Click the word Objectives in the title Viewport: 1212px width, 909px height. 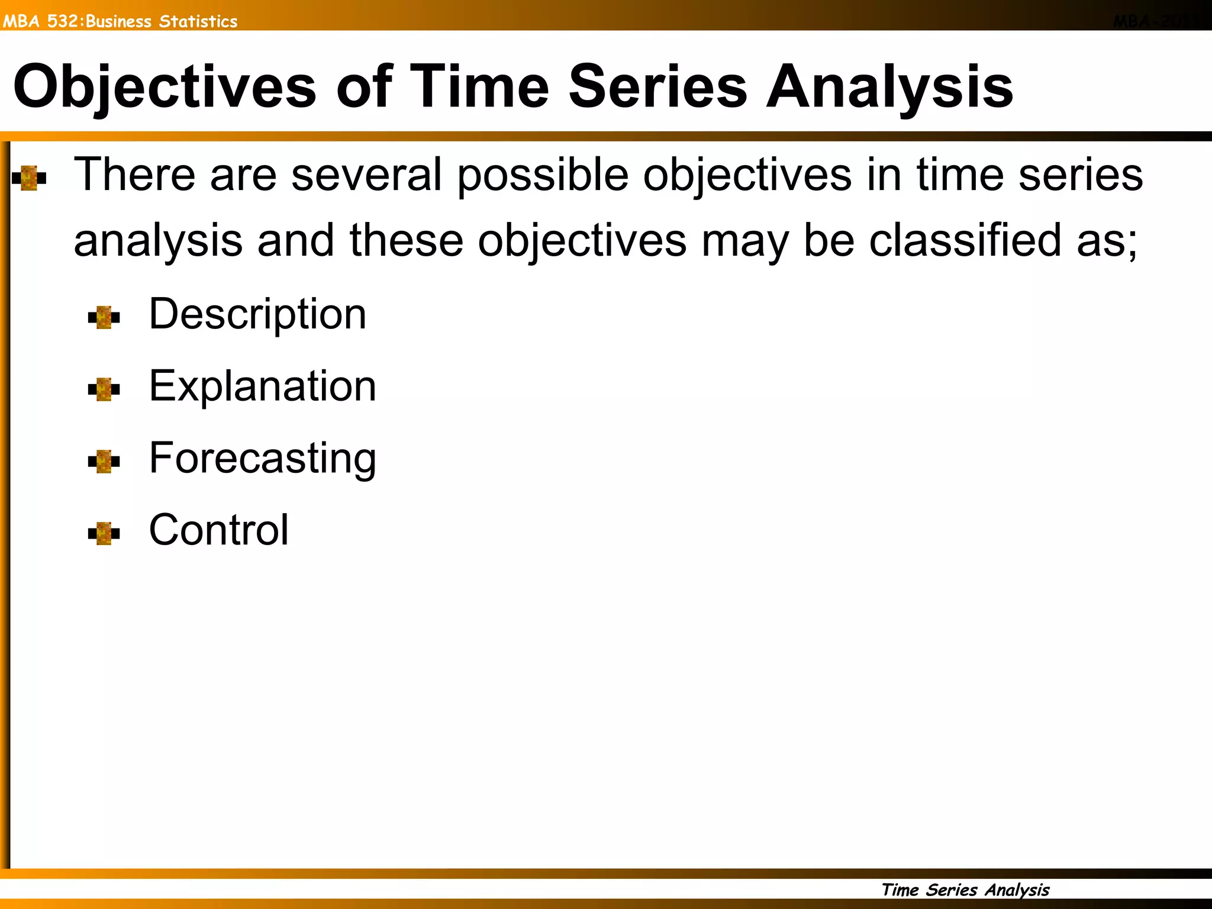click(x=165, y=88)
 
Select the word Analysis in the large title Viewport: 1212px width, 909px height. click(x=889, y=88)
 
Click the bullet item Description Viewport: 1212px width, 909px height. click(x=257, y=314)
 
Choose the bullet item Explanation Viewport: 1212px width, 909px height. click(x=262, y=386)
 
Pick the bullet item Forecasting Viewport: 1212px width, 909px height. click(x=262, y=459)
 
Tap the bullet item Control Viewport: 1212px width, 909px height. click(x=218, y=530)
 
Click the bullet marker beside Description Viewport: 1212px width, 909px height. click(x=104, y=317)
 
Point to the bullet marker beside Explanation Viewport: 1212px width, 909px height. click(x=104, y=389)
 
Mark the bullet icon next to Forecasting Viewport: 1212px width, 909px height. click(x=104, y=462)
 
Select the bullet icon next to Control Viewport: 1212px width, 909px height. click(x=104, y=533)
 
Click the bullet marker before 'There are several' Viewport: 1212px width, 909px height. click(x=29, y=178)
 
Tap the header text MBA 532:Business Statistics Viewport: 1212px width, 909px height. click(x=120, y=21)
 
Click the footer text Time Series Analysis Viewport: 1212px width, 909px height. click(x=965, y=890)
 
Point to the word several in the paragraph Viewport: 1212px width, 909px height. click(x=366, y=175)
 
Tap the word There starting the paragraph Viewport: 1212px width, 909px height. click(x=134, y=175)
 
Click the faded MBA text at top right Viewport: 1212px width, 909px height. click(x=1149, y=21)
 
